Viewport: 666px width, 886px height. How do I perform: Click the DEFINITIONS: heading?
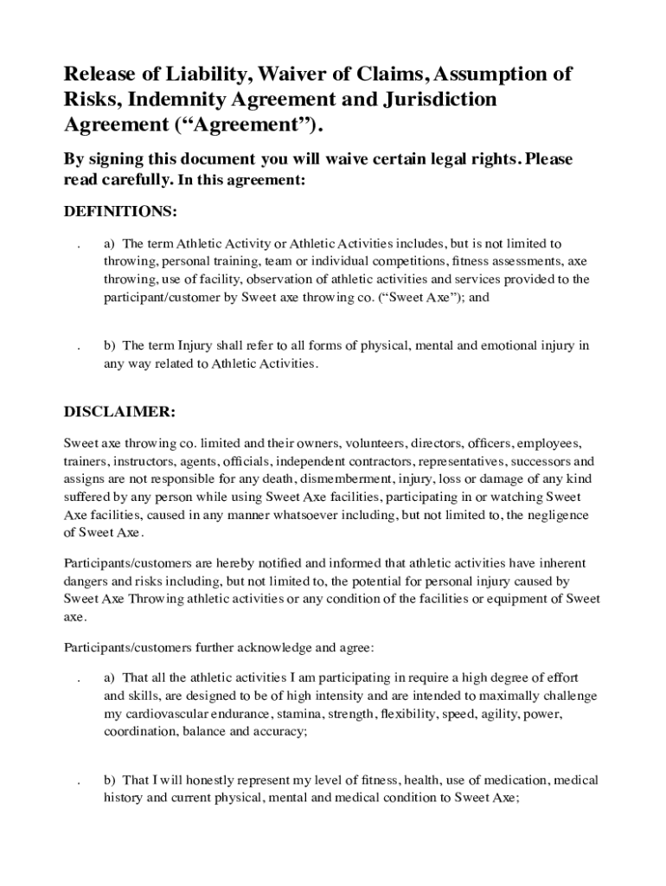[x=122, y=212]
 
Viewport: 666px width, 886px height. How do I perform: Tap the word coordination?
[x=140, y=731]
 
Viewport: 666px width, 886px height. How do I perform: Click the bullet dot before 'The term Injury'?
[x=79, y=347]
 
